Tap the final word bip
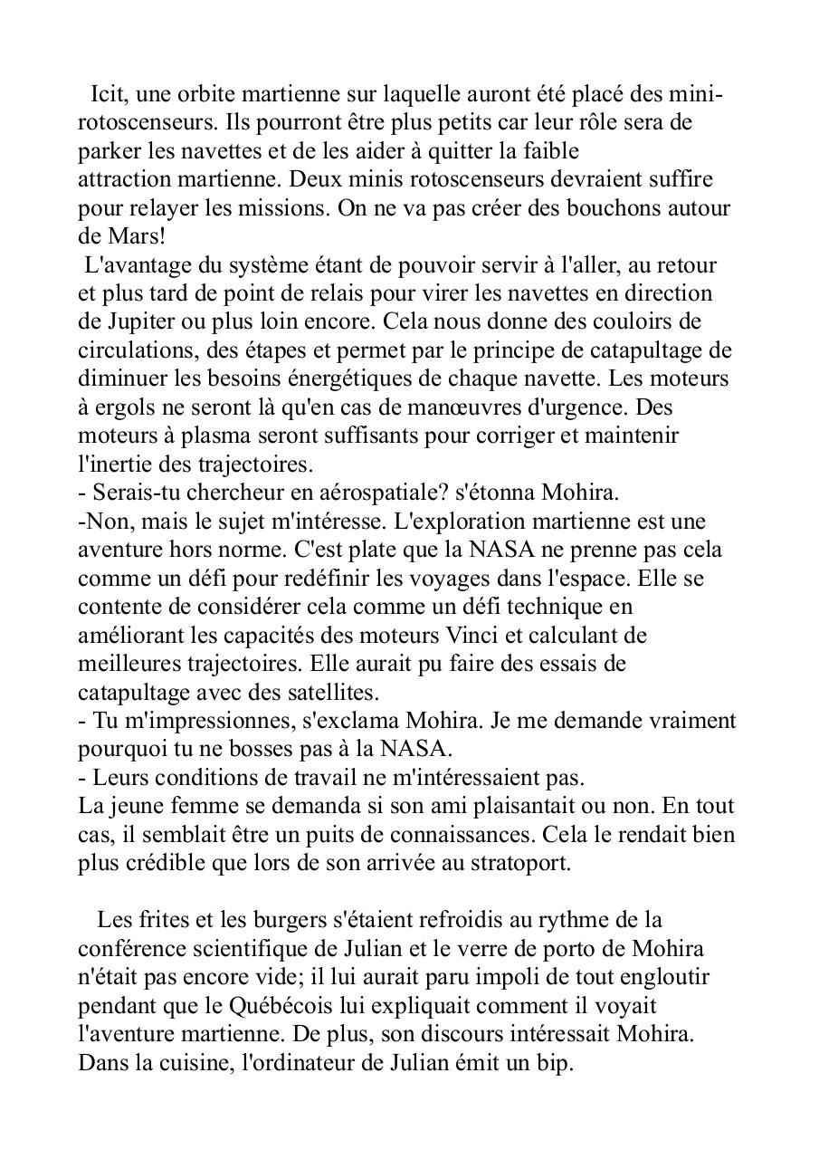pyautogui.click(x=557, y=1062)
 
